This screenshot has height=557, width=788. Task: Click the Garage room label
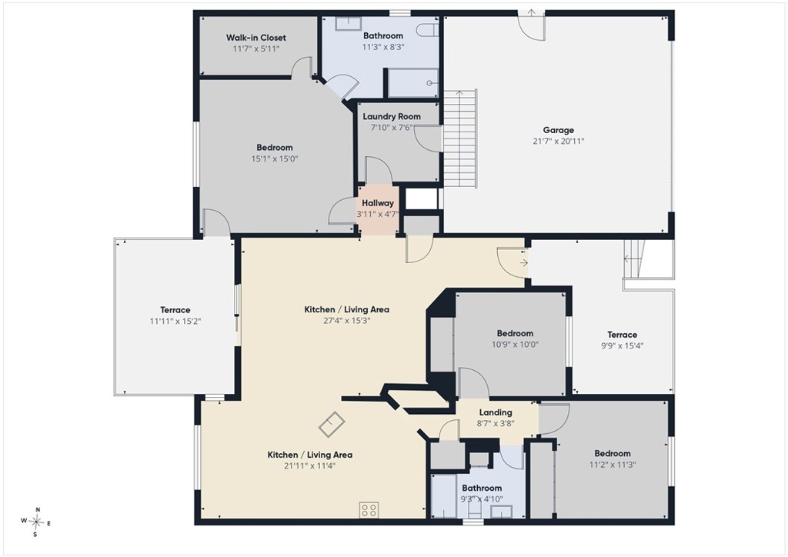point(559,130)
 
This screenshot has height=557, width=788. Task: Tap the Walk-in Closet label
point(255,38)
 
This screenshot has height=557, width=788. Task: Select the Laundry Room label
point(392,116)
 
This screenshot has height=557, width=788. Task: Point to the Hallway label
point(377,203)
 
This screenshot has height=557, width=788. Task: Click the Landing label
point(496,412)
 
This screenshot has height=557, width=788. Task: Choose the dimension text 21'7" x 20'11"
point(559,141)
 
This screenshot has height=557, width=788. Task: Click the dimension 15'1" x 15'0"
point(275,158)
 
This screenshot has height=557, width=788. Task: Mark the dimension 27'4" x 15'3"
point(347,321)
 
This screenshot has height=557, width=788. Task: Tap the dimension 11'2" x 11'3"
point(612,465)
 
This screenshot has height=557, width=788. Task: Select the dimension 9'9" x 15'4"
point(622,345)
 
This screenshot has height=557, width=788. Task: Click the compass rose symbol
point(36,522)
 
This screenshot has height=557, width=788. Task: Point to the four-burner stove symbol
point(369,510)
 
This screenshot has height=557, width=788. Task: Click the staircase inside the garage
point(459,138)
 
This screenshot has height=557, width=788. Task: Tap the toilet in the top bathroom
point(429,29)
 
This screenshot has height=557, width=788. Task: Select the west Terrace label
point(175,310)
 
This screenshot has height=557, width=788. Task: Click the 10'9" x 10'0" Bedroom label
point(515,333)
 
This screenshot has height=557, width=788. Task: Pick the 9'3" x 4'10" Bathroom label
point(482,488)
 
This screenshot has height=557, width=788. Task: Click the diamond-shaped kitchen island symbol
point(332,424)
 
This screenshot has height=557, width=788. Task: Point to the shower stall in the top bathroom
point(412,83)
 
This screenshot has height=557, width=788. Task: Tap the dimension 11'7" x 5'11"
point(255,48)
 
